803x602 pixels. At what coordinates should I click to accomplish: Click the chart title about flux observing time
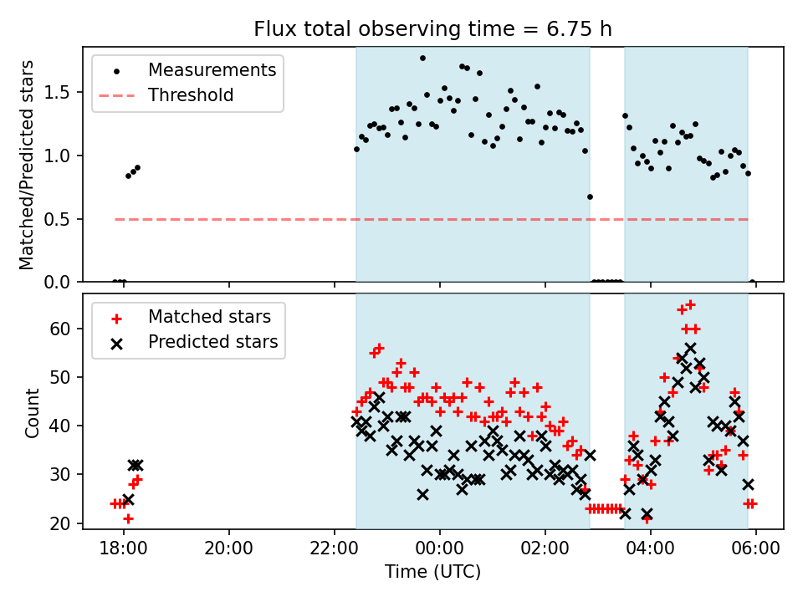tap(433, 29)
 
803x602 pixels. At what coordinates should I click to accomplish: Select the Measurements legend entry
tap(212, 70)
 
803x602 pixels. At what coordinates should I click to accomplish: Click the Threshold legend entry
tap(191, 95)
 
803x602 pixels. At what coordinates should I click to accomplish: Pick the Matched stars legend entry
tap(209, 317)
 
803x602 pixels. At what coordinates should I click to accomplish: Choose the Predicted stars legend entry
tap(212, 342)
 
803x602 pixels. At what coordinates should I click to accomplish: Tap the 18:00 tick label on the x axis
tap(124, 553)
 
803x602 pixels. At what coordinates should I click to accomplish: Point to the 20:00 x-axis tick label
tap(229, 553)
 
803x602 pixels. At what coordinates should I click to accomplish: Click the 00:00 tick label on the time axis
tap(440, 553)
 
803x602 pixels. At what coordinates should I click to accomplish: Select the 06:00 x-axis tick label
tap(756, 553)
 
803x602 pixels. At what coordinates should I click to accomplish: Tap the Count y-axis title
tap(33, 412)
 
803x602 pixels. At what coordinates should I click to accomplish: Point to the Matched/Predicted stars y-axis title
tap(28, 165)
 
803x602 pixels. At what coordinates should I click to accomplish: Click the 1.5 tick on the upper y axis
tap(63, 92)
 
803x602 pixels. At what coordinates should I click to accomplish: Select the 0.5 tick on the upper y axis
tap(63, 219)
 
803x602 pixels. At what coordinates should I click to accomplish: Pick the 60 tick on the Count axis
tap(64, 329)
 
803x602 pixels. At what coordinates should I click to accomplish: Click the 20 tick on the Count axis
tap(64, 523)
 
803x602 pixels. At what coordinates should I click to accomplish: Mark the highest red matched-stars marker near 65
tap(690, 304)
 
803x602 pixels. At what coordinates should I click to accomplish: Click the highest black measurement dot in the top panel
tap(422, 58)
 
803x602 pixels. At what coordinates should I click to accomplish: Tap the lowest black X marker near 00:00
tap(422, 494)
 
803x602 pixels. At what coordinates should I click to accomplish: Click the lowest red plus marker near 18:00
tap(128, 518)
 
